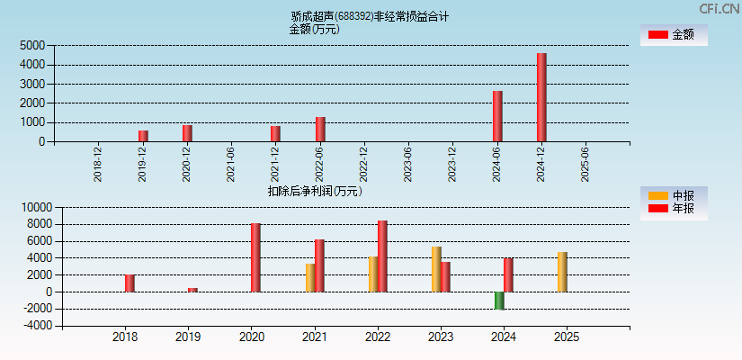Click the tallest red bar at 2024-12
(541, 97)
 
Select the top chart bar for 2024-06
(497, 116)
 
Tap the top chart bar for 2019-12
(143, 136)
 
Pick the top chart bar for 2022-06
(320, 129)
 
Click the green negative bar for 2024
(499, 301)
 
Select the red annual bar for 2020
(255, 257)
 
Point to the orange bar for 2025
(562, 272)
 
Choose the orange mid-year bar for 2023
(436, 269)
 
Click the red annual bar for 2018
(130, 283)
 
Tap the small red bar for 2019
(192, 290)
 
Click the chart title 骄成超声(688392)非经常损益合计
(370, 16)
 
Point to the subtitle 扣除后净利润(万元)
(315, 191)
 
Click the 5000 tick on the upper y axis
(32, 45)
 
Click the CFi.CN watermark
(719, 8)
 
